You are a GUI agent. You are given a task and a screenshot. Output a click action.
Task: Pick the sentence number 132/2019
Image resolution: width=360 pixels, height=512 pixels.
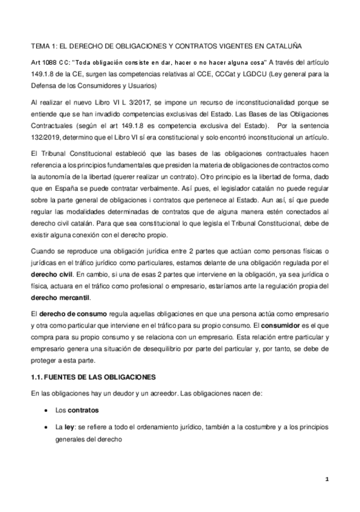(x=45, y=136)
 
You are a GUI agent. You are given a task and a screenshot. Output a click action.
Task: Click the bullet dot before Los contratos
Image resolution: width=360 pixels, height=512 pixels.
(x=47, y=411)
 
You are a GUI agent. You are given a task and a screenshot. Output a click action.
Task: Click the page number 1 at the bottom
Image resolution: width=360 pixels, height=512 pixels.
(x=326, y=480)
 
